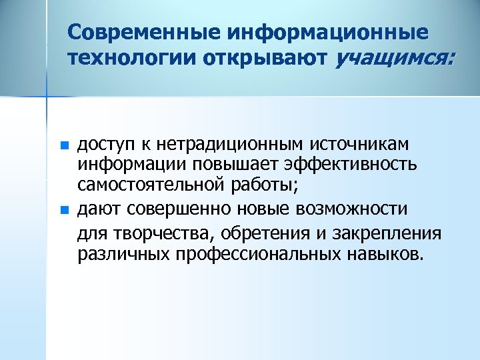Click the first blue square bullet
[x=63, y=145]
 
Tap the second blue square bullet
[x=63, y=209]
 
